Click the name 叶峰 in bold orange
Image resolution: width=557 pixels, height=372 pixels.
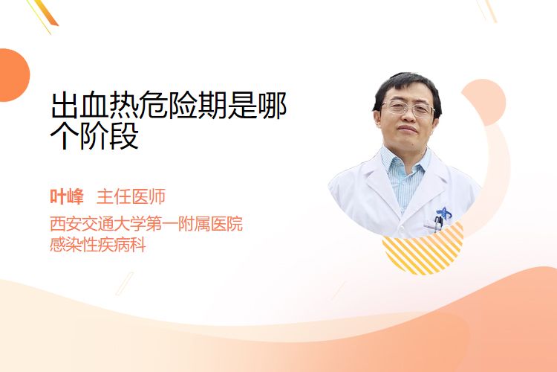pos(67,196)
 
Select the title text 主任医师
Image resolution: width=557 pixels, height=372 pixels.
pos(131,196)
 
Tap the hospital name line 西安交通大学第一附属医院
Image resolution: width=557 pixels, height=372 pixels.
pos(146,223)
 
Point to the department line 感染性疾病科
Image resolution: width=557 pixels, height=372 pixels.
pos(98,245)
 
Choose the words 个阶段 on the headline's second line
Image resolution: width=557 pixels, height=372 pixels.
pos(94,135)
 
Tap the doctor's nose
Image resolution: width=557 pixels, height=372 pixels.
pos(406,118)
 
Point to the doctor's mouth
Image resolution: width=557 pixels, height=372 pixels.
pos(407,129)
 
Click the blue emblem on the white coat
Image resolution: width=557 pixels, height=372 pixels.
pos(443,214)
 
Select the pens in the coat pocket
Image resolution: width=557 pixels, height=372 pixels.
pos(439,224)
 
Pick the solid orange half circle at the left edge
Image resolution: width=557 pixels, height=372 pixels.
pos(13,75)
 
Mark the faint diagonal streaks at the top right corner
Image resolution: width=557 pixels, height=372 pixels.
pos(486,10)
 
